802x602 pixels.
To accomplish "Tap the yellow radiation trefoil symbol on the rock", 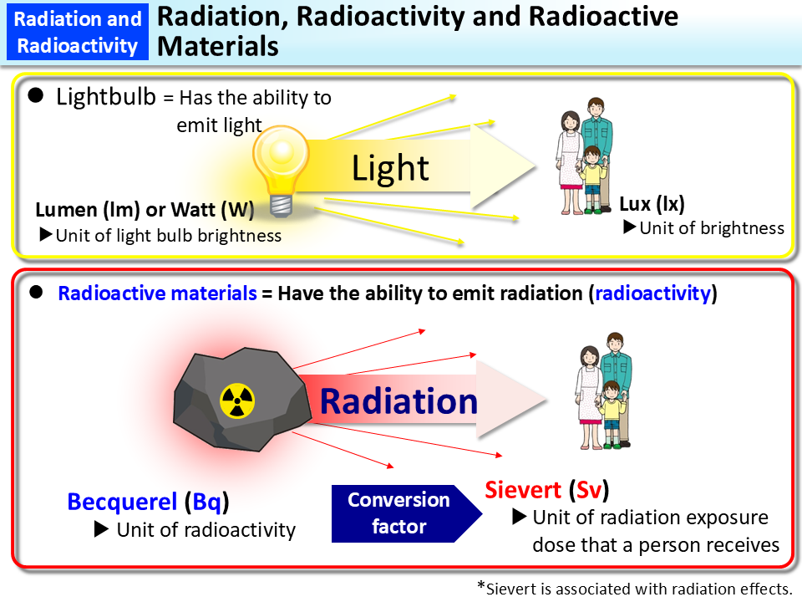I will [x=236, y=402].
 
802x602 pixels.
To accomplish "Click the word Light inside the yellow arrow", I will [x=390, y=168].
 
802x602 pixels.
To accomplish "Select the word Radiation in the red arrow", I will [x=398, y=401].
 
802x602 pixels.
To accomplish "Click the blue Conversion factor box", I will [x=398, y=513].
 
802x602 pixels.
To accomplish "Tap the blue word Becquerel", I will [x=122, y=502].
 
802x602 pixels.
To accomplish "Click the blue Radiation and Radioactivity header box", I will [x=78, y=32].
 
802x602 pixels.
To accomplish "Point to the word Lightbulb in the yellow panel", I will [x=106, y=97].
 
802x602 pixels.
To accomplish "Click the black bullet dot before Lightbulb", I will [x=36, y=96].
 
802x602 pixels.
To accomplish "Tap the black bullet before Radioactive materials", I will [x=36, y=293].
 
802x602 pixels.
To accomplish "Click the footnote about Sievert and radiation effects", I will [x=634, y=588].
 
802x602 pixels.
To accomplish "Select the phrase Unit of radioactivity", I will [x=206, y=529].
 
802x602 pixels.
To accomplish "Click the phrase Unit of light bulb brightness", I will [x=168, y=235].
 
